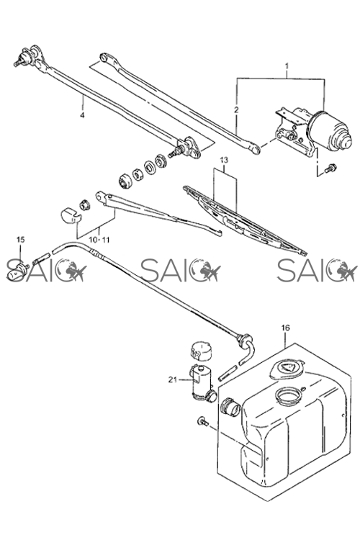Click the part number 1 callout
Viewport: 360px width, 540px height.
tap(287, 66)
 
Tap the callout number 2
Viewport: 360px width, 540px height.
tap(236, 110)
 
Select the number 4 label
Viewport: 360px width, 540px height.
tap(82, 115)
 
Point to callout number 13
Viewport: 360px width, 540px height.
tap(224, 160)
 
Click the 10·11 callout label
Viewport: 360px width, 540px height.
tap(99, 240)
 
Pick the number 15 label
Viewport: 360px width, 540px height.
tap(21, 239)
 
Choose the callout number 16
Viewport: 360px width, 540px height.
tap(286, 328)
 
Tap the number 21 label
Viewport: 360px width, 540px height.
tap(173, 380)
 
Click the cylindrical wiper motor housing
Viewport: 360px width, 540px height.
tap(330, 131)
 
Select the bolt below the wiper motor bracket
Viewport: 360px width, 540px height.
tap(330, 168)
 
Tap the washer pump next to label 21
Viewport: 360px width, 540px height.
tap(202, 383)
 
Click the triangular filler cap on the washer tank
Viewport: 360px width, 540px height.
tap(287, 369)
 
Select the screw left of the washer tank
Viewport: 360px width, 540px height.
tap(202, 421)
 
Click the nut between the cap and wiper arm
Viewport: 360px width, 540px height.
tap(85, 204)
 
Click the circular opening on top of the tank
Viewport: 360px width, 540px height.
tap(289, 396)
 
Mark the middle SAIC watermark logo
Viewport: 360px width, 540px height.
tap(181, 270)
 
